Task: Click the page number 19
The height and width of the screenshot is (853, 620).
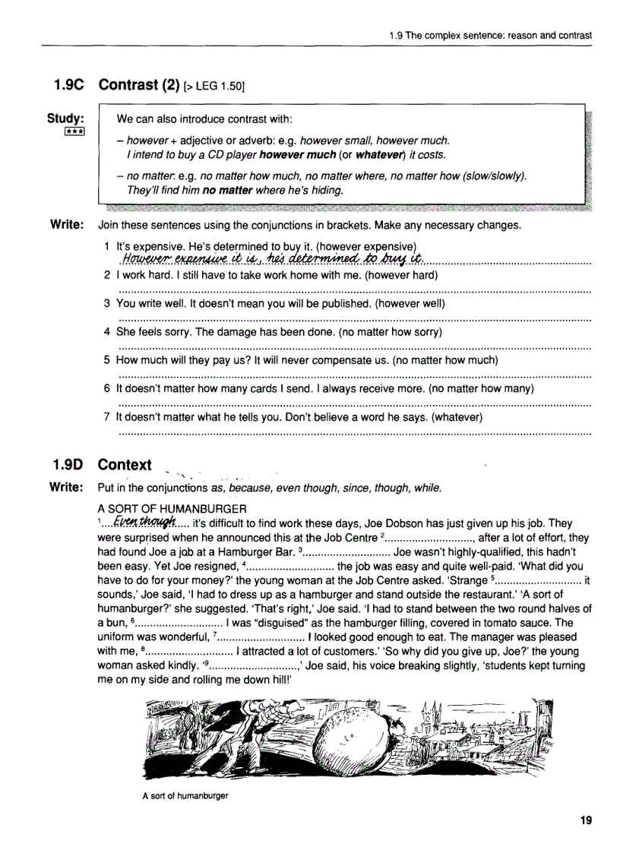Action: (x=585, y=820)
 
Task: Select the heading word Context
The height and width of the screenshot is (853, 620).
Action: (x=125, y=464)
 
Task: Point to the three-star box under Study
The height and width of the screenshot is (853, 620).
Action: (x=74, y=131)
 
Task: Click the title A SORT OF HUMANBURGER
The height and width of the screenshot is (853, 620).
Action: (x=172, y=508)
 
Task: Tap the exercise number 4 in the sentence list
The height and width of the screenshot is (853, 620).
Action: (x=108, y=332)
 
